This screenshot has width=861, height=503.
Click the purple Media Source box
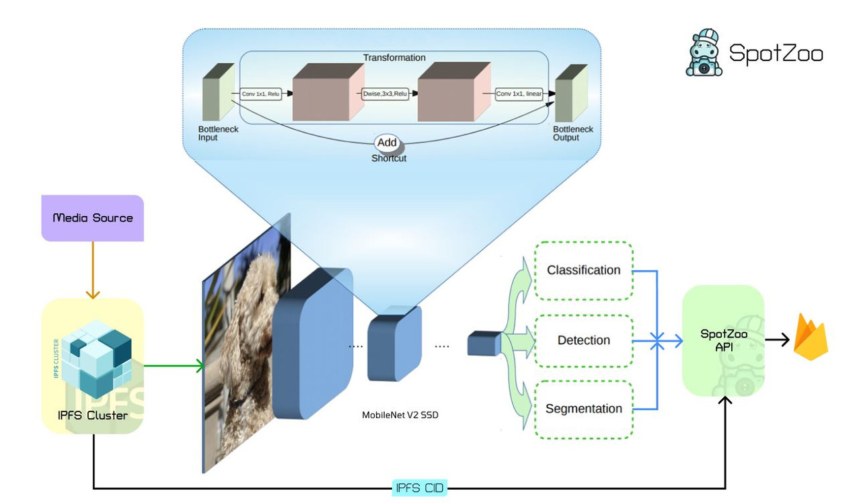tap(93, 218)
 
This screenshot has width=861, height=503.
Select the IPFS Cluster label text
tap(93, 415)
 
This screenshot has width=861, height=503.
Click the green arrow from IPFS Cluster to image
tap(174, 366)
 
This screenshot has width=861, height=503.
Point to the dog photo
tap(246, 343)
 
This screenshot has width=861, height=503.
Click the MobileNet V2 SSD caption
tap(400, 415)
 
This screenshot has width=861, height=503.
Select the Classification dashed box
tap(583, 270)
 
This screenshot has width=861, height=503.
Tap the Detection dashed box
tap(583, 340)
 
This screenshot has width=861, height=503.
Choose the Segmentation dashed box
tap(583, 409)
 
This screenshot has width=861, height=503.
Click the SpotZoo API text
tap(723, 340)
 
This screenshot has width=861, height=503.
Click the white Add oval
tap(387, 143)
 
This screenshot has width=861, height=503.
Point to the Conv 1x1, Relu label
tap(260, 95)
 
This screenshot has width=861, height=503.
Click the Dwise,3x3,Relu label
tap(385, 95)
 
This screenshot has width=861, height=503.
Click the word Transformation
tap(394, 58)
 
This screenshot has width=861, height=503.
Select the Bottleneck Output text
tap(572, 133)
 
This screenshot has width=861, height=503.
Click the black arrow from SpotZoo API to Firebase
tap(776, 340)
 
